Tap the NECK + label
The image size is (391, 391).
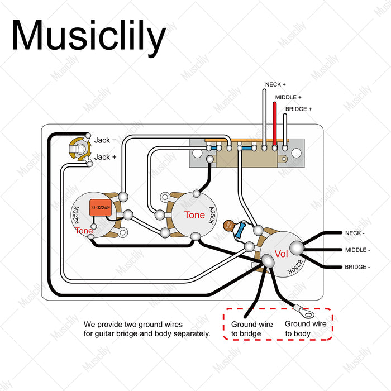click(275, 85)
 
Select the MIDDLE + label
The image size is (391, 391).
click(288, 97)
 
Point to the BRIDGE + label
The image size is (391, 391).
click(299, 109)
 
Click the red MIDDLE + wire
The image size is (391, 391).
click(275, 123)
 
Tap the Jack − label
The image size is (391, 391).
click(105, 140)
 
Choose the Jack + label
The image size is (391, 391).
click(105, 157)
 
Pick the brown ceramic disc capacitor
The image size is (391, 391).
click(229, 226)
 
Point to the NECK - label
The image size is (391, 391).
click(354, 232)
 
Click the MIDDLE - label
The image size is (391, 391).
click(357, 250)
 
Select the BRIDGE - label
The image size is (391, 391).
click(357, 267)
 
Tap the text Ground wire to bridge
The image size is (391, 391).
click(252, 330)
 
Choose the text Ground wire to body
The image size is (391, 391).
click(306, 329)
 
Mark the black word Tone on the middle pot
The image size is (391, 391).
click(194, 216)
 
